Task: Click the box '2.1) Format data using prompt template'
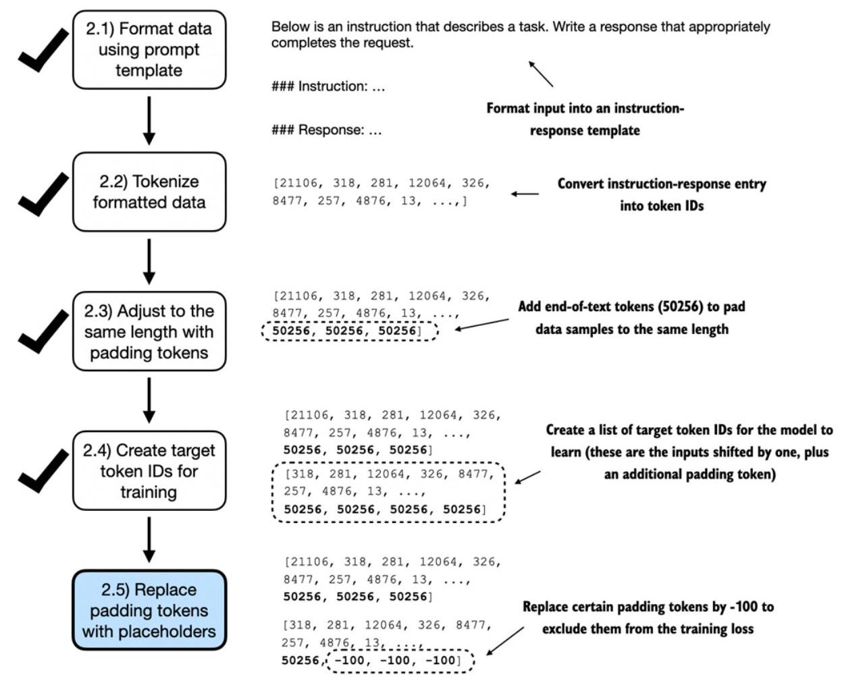pyautogui.click(x=149, y=50)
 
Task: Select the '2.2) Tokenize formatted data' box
pyautogui.click(x=149, y=192)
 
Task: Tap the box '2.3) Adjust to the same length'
pyautogui.click(x=149, y=331)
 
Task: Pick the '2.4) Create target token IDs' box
pyautogui.click(x=149, y=470)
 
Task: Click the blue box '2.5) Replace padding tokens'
pyautogui.click(x=149, y=610)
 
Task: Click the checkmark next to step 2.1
pyautogui.click(x=43, y=50)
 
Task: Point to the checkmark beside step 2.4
pyautogui.click(x=43, y=470)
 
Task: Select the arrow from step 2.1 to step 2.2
pyautogui.click(x=149, y=120)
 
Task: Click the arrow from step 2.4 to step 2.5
pyautogui.click(x=149, y=540)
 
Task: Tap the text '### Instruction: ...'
pyautogui.click(x=328, y=86)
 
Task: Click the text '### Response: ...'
pyautogui.click(x=326, y=130)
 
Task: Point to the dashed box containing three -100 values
pyautogui.click(x=400, y=661)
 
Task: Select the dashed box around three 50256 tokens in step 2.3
pyautogui.click(x=349, y=331)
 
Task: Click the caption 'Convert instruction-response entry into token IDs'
pyautogui.click(x=662, y=195)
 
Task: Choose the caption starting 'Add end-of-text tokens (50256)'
pyautogui.click(x=631, y=318)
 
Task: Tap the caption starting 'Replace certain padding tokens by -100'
pyautogui.click(x=648, y=618)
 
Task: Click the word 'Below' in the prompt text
pyautogui.click(x=290, y=26)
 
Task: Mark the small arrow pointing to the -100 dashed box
pyautogui.click(x=505, y=641)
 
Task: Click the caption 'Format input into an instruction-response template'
pyautogui.click(x=585, y=119)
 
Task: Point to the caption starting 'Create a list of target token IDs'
pyautogui.click(x=689, y=452)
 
